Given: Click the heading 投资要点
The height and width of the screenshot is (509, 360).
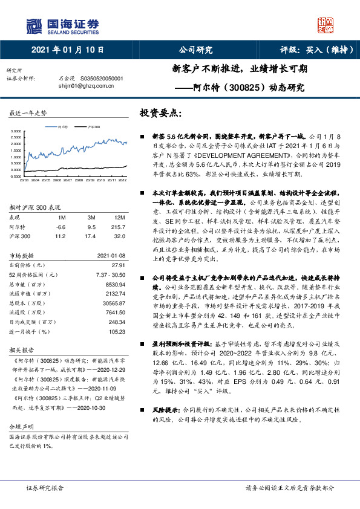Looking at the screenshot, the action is point(160,113).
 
